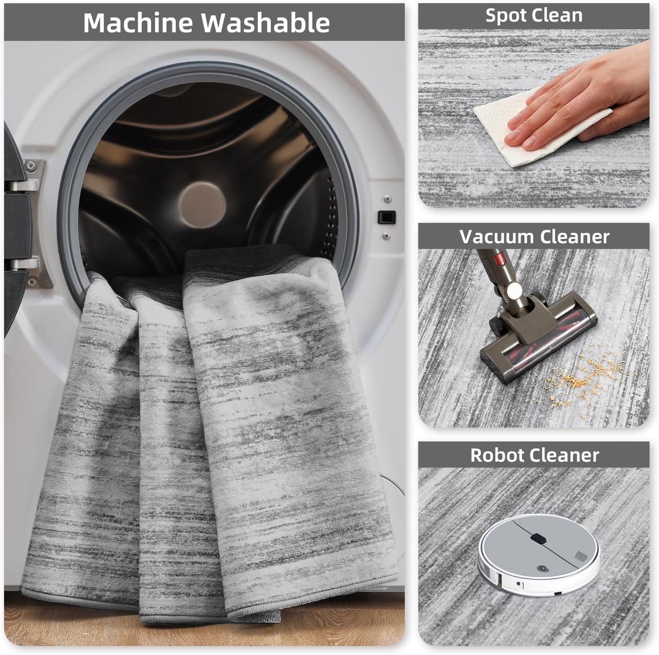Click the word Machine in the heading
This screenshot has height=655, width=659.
138,22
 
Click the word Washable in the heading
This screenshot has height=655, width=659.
265,22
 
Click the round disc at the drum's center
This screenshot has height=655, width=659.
202,205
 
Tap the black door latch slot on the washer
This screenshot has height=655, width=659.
386,217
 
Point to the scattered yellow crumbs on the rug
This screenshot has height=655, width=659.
581,376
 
